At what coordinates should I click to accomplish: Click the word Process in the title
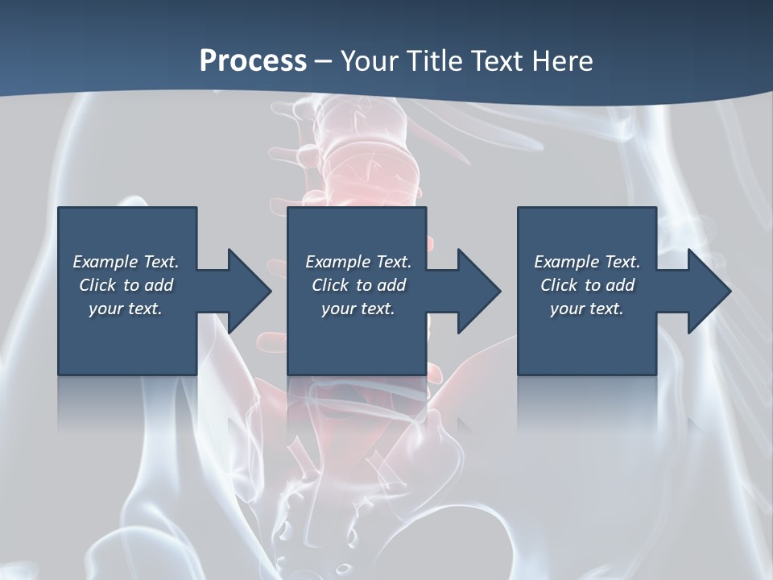point(253,60)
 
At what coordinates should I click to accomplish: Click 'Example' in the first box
point(105,262)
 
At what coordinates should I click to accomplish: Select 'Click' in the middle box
point(329,285)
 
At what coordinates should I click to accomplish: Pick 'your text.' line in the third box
point(586,309)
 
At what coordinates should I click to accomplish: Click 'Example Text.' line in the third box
point(586,262)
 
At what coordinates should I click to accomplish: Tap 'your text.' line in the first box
point(126,309)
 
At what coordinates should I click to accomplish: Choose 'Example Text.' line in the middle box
point(358,262)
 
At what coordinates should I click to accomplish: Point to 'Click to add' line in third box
point(586,285)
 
